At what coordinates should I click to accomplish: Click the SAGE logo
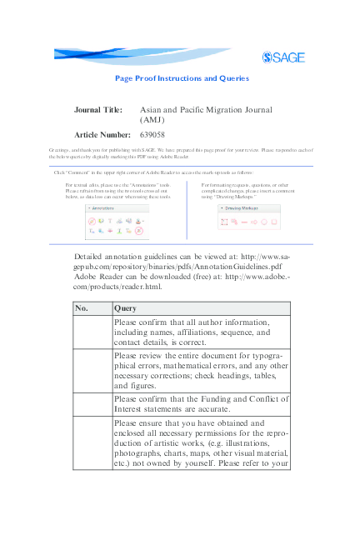[283, 57]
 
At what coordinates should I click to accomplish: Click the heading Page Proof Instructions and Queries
[182, 78]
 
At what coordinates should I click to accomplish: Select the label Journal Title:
[98, 110]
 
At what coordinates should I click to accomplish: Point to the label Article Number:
[102, 134]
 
